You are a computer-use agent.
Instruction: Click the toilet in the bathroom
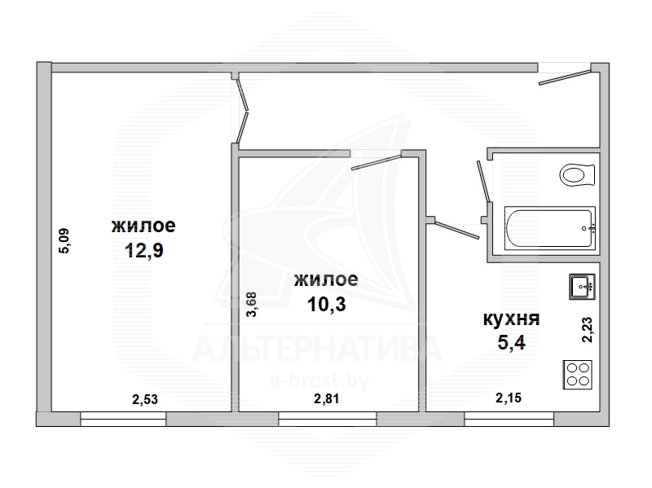click(x=577, y=175)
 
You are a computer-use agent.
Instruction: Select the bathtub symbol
click(x=550, y=228)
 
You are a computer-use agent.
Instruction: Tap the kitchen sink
click(x=582, y=287)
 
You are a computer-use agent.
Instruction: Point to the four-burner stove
click(x=578, y=375)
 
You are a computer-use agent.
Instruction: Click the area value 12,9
click(x=144, y=250)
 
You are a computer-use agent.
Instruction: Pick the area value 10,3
click(x=327, y=304)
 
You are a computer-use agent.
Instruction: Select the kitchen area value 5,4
click(x=512, y=342)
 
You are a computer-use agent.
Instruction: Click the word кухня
click(x=512, y=319)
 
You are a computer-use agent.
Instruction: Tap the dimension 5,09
click(x=65, y=241)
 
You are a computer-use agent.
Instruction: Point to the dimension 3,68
click(x=252, y=305)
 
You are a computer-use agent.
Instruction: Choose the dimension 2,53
click(x=145, y=399)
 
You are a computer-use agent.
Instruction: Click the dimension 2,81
click(x=327, y=398)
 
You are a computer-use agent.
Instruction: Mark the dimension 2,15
click(x=509, y=398)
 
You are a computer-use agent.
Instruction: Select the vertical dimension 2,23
click(x=587, y=330)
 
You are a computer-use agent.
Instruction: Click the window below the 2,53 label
click(x=123, y=419)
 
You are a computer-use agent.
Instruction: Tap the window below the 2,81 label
click(x=328, y=419)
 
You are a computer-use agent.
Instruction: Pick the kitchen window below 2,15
click(x=509, y=419)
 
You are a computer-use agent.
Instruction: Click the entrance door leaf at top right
click(x=565, y=77)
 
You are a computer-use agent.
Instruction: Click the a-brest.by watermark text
click(x=319, y=380)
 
